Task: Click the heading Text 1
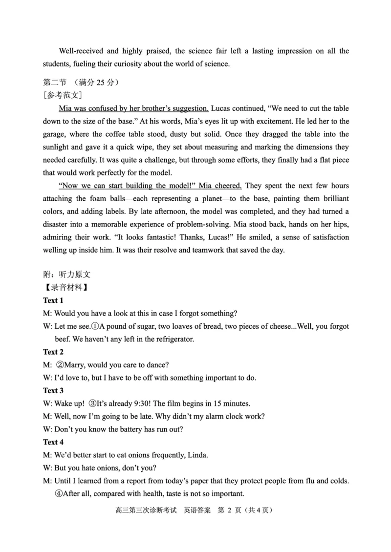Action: click(53, 300)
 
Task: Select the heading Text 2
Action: click(53, 352)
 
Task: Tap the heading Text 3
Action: click(53, 390)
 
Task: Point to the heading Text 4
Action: click(53, 442)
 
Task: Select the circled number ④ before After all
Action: click(58, 493)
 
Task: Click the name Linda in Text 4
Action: click(197, 455)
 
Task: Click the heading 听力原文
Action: click(74, 275)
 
